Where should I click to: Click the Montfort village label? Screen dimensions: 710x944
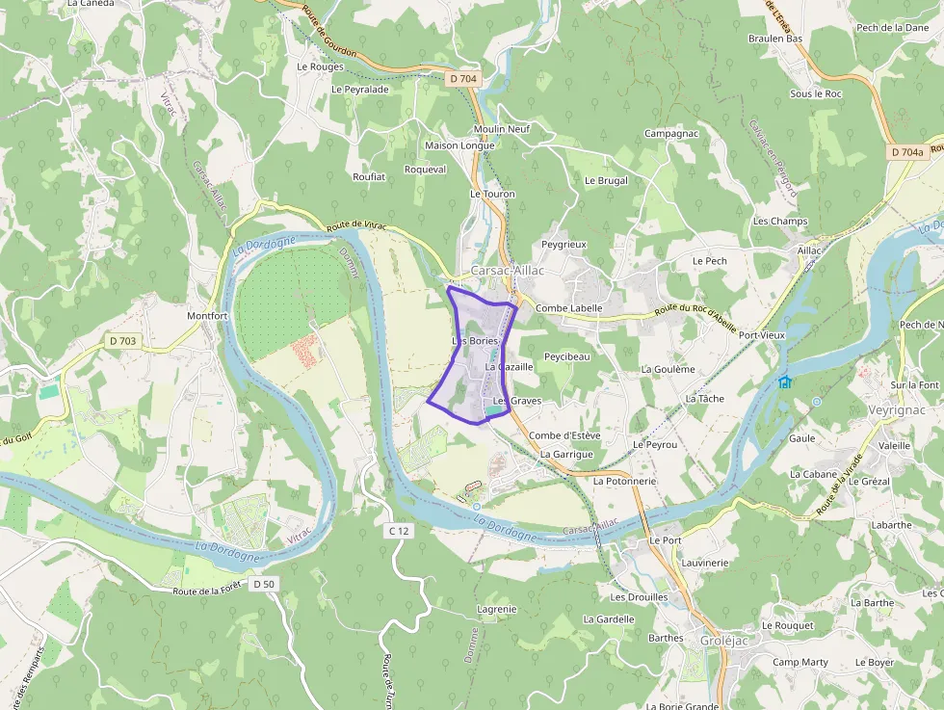pos(207,316)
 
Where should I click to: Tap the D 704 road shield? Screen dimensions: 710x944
pos(463,79)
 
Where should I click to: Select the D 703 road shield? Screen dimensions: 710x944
pos(122,340)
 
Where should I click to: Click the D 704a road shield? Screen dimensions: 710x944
pos(906,152)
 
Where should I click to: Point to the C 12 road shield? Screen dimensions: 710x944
pos(399,531)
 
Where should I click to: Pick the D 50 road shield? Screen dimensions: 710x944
pos(264,584)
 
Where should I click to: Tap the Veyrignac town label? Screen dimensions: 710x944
pos(896,409)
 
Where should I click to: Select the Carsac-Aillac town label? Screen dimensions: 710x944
pos(508,271)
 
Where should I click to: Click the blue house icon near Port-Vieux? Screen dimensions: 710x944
pos(785,381)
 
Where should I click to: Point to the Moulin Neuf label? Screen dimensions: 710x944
pos(502,129)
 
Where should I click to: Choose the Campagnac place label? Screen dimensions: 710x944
pos(670,133)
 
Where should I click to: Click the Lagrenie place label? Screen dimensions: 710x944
pos(497,609)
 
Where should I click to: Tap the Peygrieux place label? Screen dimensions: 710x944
pos(564,245)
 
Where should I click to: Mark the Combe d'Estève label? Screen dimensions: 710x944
pos(564,435)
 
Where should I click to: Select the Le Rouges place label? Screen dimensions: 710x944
pos(320,67)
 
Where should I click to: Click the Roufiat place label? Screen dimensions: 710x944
pos(369,177)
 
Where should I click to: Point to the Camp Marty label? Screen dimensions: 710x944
pos(800,663)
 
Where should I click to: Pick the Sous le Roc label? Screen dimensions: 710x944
pos(816,93)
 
